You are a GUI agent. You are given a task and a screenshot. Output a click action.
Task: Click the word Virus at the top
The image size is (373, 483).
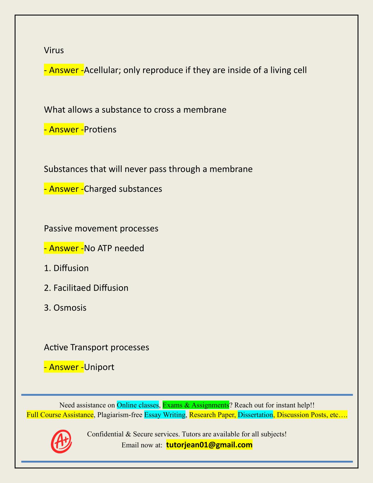[54, 50]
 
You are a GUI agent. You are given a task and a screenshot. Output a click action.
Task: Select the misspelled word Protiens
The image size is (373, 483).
[100, 130]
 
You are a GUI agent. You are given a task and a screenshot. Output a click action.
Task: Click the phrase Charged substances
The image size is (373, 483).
[123, 189]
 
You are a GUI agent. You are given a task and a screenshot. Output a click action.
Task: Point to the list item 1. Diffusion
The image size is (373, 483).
[66, 268]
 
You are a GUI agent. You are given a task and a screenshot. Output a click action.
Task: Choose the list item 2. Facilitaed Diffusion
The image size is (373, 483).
[86, 288]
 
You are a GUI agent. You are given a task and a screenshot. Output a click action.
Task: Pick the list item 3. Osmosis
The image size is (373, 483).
[65, 308]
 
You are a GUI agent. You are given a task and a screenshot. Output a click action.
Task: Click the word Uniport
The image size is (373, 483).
[99, 367]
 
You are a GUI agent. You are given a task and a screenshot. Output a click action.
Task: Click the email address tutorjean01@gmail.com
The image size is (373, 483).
[209, 445]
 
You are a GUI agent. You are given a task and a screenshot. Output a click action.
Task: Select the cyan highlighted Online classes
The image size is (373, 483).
[138, 405]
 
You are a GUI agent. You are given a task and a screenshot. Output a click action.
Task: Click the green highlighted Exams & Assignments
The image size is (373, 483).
[196, 405]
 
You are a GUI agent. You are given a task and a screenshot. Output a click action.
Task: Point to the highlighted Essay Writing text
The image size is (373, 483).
[165, 415]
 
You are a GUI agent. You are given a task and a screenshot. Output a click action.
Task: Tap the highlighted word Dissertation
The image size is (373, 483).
[255, 415]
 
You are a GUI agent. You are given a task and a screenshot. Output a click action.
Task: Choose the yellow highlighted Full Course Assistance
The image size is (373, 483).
[60, 415]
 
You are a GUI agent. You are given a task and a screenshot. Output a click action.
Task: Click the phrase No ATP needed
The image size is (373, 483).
[114, 248]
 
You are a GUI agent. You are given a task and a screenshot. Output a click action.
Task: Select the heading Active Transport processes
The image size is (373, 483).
[97, 347]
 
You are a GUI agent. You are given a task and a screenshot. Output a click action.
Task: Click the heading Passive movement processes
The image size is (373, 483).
[101, 228]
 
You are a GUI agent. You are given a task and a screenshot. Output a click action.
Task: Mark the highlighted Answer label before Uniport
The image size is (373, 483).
[64, 367]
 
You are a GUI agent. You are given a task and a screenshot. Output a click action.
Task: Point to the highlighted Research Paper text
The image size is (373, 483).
[212, 415]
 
